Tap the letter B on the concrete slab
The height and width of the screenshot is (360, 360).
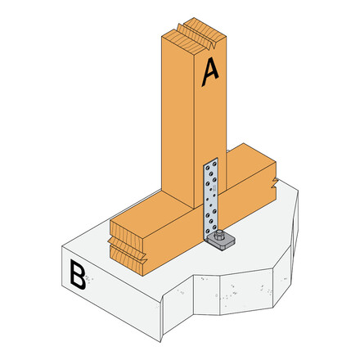tap(77, 277)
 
